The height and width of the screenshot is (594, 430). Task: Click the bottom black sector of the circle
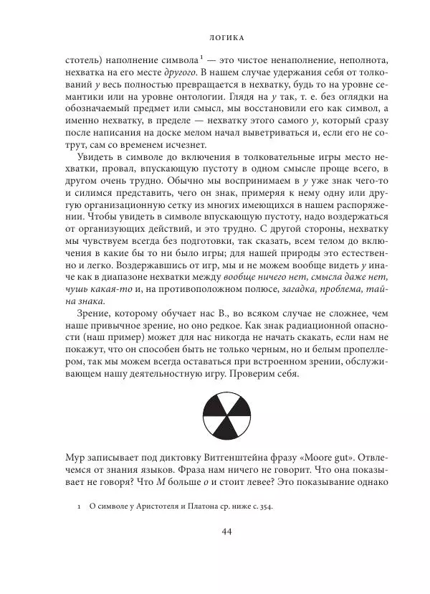click(214, 433)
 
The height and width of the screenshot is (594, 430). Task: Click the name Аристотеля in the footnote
click(161, 506)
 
